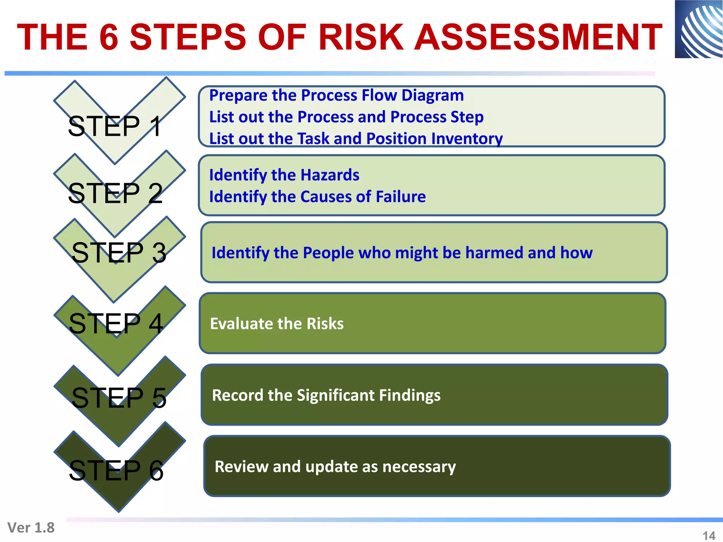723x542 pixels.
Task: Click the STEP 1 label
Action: [x=115, y=126]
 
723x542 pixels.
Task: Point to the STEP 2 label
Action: [x=115, y=193]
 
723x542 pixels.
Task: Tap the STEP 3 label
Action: [x=119, y=253]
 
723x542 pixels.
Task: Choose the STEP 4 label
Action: [x=116, y=324]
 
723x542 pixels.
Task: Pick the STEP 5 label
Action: [x=119, y=398]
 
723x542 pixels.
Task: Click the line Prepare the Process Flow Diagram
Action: [x=336, y=96]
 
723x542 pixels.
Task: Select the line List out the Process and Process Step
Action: [x=346, y=117]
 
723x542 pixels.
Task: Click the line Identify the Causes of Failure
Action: [x=317, y=197]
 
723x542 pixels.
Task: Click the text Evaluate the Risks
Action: [x=277, y=324]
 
